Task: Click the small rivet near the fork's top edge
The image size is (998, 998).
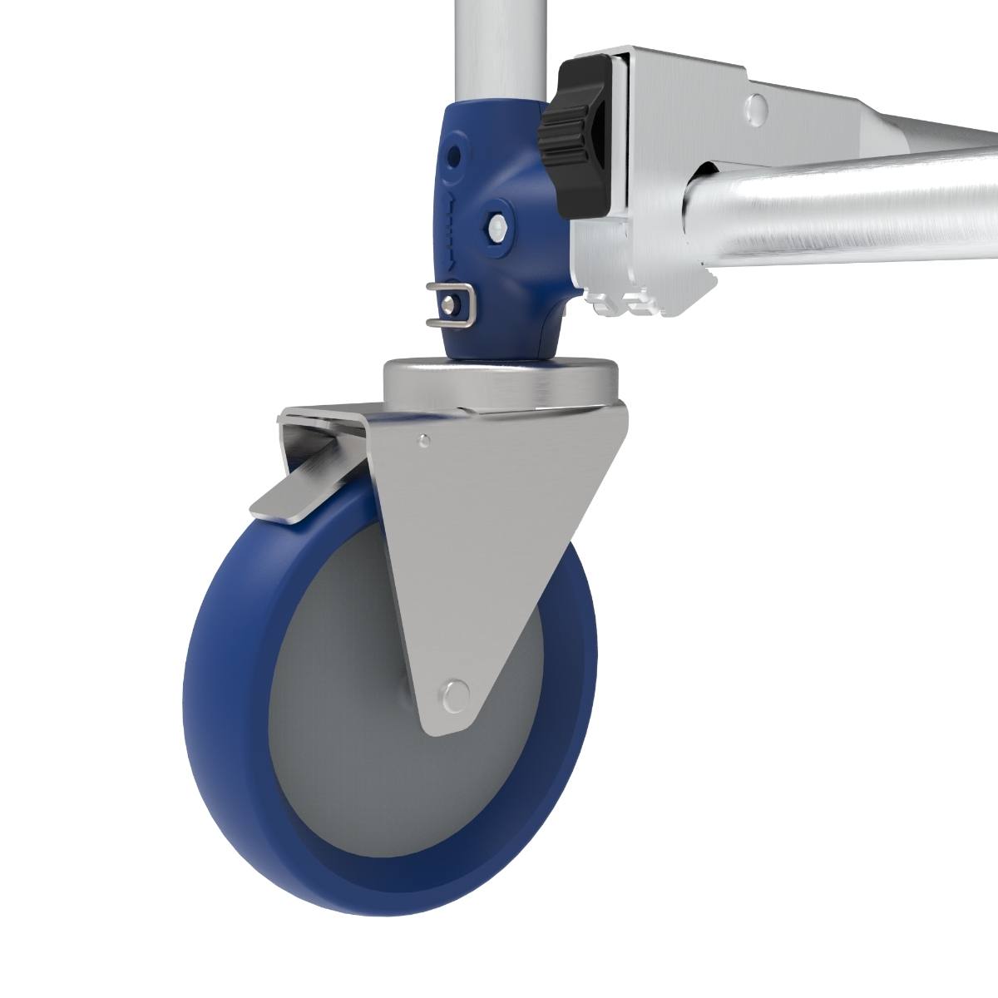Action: coord(424,440)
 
